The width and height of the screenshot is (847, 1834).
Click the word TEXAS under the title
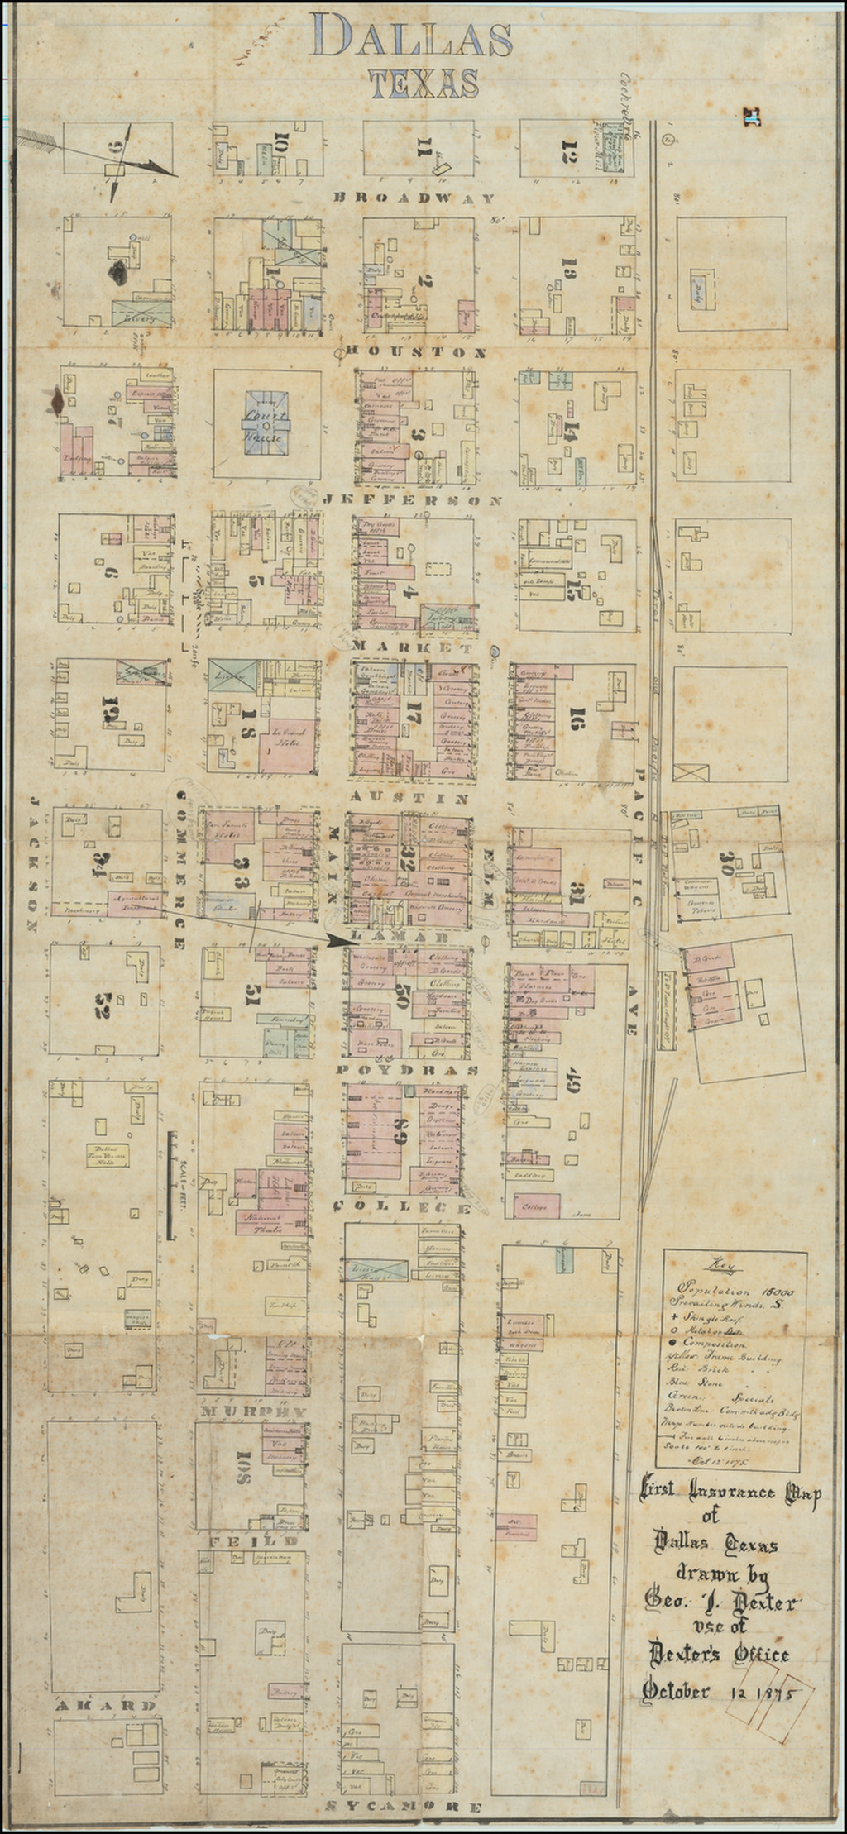423,84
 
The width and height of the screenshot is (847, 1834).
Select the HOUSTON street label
415,352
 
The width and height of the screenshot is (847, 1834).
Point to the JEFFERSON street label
411,501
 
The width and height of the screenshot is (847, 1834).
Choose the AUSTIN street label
410,799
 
